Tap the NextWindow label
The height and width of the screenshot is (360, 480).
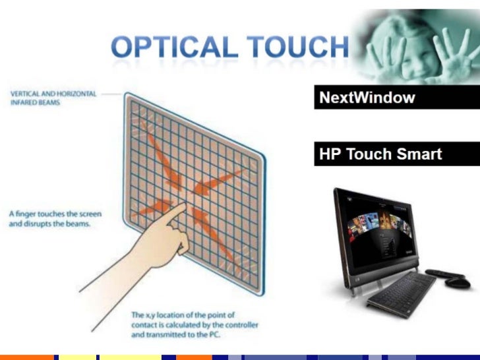pyautogui.click(x=367, y=98)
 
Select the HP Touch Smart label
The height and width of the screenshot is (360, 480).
pyautogui.click(x=380, y=155)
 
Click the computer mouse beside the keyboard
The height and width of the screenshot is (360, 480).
pyautogui.click(x=458, y=282)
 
